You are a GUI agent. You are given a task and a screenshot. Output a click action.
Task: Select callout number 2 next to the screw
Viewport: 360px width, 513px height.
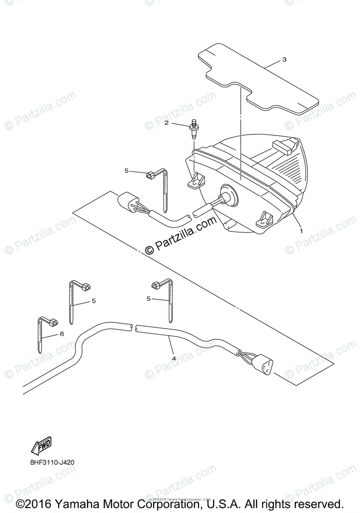(167, 124)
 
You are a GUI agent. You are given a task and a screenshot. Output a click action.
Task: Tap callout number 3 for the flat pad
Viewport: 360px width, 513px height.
(284, 60)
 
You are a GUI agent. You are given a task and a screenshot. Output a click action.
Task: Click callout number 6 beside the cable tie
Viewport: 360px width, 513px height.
(62, 333)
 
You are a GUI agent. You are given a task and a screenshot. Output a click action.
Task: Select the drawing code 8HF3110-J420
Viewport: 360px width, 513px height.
(52, 463)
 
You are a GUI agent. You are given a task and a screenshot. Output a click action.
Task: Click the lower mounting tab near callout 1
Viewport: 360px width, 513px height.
(263, 220)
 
